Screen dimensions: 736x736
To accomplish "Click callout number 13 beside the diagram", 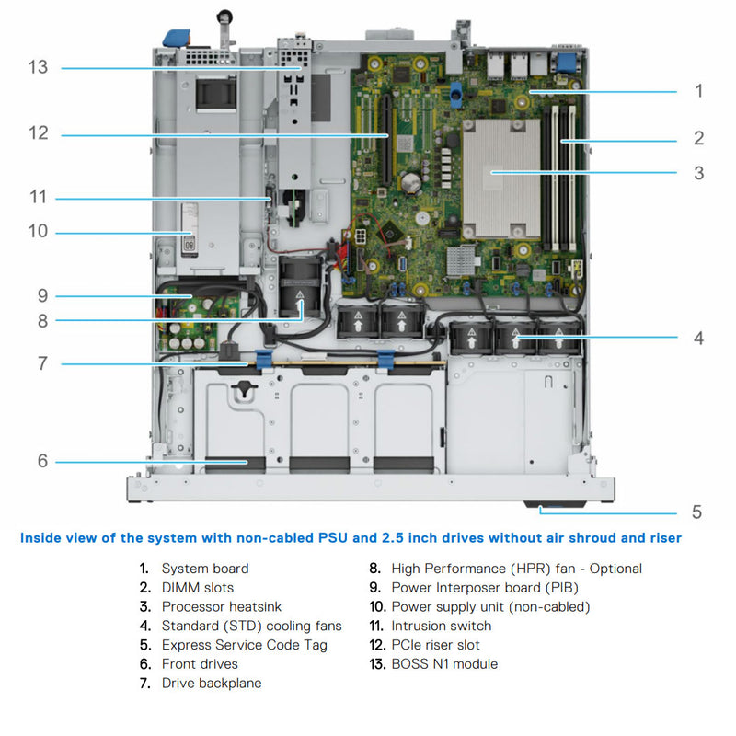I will click(x=38, y=68).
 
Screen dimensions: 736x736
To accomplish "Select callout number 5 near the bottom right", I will click(x=696, y=512).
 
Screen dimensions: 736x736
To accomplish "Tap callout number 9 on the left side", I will click(x=42, y=295).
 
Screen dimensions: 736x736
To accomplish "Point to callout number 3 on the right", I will click(x=698, y=172).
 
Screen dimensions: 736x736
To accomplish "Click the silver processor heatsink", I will click(x=497, y=175).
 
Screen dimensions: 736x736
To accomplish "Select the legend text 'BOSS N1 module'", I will click(x=444, y=663).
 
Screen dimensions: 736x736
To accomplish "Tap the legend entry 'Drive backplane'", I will click(x=212, y=683).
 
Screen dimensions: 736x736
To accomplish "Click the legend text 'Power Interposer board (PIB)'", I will click(x=485, y=588).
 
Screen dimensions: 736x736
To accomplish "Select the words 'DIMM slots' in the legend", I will click(x=198, y=588).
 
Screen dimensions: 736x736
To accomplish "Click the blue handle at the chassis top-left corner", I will click(x=173, y=36).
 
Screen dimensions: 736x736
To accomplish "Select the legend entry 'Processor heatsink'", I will click(x=222, y=606).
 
